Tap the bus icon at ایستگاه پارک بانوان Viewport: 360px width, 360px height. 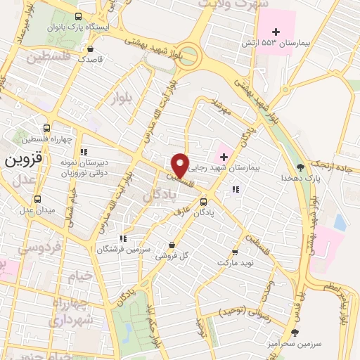[x=77, y=16]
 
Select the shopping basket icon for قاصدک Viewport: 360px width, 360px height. [x=93, y=49]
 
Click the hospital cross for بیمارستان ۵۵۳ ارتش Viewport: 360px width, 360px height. [x=276, y=32]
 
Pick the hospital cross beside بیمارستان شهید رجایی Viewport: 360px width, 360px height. [x=223, y=153]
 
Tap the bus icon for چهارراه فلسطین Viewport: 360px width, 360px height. [x=46, y=128]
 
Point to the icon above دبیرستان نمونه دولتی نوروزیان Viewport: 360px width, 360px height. [x=84, y=151]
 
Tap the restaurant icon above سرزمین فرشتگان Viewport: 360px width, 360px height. [x=123, y=238]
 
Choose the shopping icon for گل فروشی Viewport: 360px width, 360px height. [x=172, y=245]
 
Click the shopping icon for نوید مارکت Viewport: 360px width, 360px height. [x=236, y=252]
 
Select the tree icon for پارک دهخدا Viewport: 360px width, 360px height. [x=301, y=167]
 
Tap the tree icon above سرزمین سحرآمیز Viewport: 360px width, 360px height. [x=295, y=331]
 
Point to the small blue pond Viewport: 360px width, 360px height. [x=340, y=222]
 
